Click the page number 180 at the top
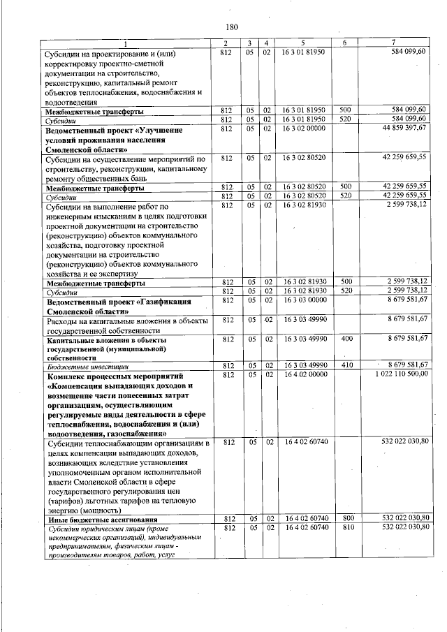[233, 27]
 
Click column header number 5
[304, 44]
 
